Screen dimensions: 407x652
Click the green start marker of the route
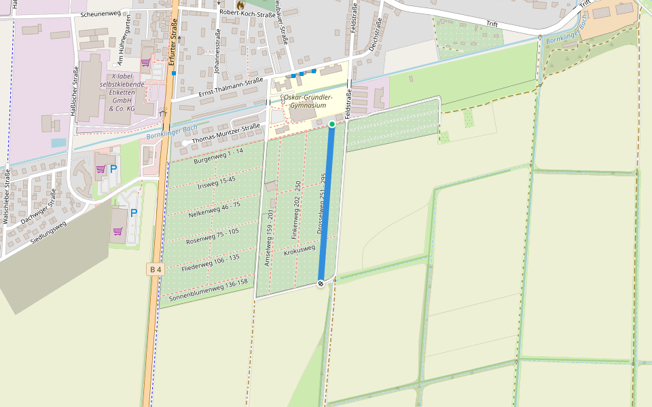point(331,124)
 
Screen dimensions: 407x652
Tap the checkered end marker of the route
point(321,284)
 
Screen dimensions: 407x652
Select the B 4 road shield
point(156,269)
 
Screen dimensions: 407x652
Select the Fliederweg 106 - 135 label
point(211,263)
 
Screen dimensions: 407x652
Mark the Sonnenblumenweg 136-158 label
point(208,289)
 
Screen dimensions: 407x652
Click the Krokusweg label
point(300,251)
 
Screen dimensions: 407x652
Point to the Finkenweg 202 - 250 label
point(296,203)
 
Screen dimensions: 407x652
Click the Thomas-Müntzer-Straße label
point(226,134)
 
